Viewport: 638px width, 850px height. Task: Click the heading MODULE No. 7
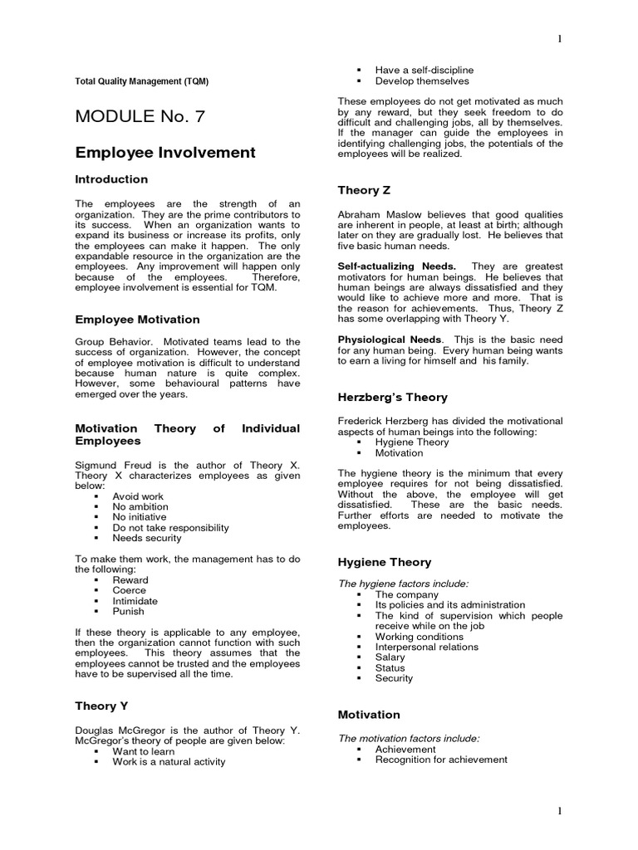tap(140, 117)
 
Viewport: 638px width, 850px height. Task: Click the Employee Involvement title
tap(165, 152)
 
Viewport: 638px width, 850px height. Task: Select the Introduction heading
tap(111, 179)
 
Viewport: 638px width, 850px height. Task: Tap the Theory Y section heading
tap(101, 706)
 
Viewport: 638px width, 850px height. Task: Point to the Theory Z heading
tap(364, 190)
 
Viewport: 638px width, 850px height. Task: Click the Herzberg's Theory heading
tap(392, 397)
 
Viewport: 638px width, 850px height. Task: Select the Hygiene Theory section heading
tap(384, 562)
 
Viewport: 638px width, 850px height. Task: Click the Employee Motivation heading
tap(138, 319)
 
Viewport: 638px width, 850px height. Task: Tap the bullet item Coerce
tap(129, 590)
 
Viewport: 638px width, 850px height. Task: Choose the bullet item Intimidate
tap(135, 601)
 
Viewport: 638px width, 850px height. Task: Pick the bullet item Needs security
tap(146, 538)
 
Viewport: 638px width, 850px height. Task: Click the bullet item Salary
tap(390, 657)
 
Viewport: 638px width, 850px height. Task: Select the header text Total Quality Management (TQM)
tap(142, 81)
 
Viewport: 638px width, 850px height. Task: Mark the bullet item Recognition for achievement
tap(441, 759)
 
